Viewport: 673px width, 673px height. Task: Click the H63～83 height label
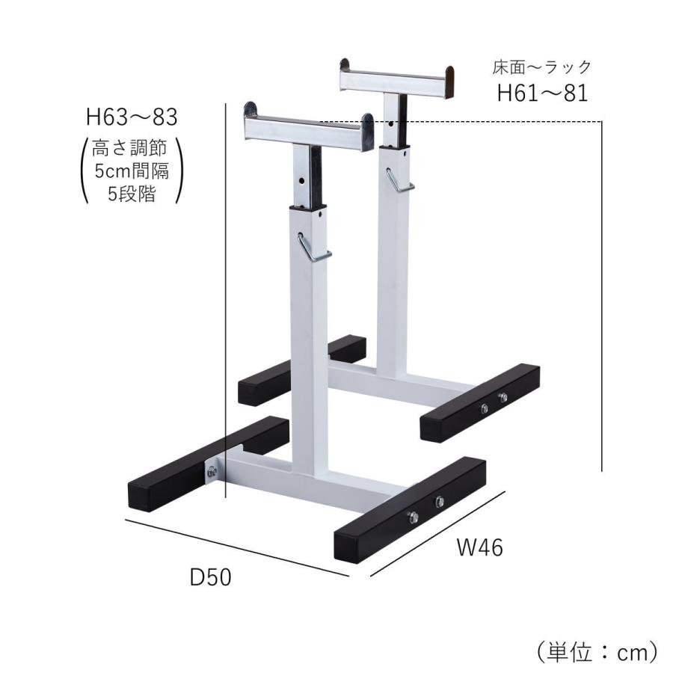coord(132,117)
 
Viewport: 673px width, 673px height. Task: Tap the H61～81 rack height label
coord(543,93)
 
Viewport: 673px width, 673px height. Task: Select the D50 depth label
coord(210,577)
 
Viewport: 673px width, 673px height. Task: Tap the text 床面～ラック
coord(542,67)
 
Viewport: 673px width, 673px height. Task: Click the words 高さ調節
coord(131,146)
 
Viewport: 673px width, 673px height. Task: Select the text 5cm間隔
coord(132,170)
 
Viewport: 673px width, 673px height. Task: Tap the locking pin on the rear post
coord(398,179)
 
